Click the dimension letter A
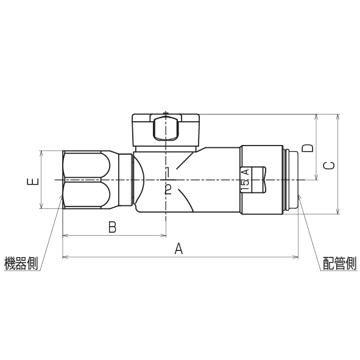pyautogui.click(x=178, y=248)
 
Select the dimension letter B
pyautogui.click(x=112, y=227)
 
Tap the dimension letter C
pyautogui.click(x=328, y=165)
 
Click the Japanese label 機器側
pyautogui.click(x=21, y=263)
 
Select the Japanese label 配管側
pyautogui.click(x=339, y=263)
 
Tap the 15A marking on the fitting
pyautogui.click(x=245, y=181)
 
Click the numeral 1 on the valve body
pyautogui.click(x=168, y=171)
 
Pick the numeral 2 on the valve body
pyautogui.click(x=168, y=189)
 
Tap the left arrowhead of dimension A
pyautogui.click(x=65, y=257)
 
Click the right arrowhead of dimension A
pyautogui.click(x=296, y=257)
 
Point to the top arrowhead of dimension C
pyautogui.click(x=338, y=116)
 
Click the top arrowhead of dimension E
pyautogui.click(x=41, y=152)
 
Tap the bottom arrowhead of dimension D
pyautogui.click(x=317, y=178)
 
